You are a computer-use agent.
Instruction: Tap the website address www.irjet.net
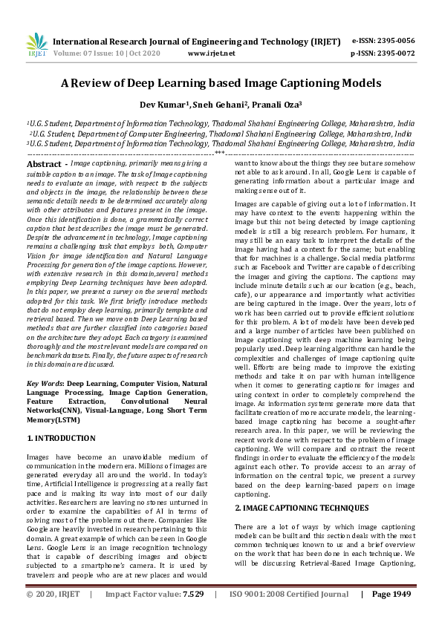211,54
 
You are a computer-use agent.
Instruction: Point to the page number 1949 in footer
391,615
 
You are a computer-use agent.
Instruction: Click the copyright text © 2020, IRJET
52,615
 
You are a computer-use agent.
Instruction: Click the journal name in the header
196,42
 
